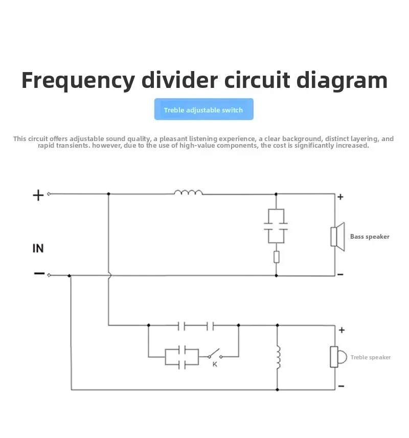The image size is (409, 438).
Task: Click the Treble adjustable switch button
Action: pos(203,109)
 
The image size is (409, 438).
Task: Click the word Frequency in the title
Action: pos(78,81)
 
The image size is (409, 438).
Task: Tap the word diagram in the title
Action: pos(342,81)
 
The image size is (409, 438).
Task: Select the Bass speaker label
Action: pos(370,237)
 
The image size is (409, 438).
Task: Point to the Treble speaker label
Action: pos(371,357)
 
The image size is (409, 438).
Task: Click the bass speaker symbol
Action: pos(337,237)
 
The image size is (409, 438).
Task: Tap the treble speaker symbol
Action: pos(338,357)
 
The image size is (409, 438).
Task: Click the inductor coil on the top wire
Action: pos(188,192)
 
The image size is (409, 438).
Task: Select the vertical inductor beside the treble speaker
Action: pos(278,358)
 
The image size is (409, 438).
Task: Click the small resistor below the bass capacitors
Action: pos(276,257)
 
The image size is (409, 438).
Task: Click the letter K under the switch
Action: pos(215,364)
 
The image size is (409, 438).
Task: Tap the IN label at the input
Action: pos(38,248)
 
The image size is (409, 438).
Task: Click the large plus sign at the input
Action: pos(38,195)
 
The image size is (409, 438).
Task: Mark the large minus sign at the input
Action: pos(39,273)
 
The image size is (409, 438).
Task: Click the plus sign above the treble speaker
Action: pos(342,330)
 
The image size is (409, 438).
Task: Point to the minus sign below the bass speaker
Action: pos(340,274)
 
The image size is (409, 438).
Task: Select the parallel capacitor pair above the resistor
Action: pos(276,226)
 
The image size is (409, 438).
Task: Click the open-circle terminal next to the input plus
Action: pos(49,194)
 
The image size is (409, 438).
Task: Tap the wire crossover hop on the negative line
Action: pos(109,275)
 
